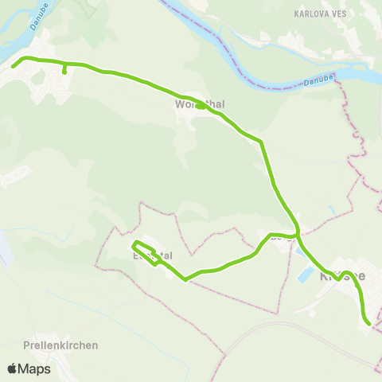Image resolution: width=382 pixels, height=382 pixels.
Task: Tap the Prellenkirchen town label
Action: pos(61,345)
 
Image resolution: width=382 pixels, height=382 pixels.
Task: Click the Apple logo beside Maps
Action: pos(13,368)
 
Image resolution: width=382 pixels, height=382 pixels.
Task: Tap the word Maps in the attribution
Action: pos(35,368)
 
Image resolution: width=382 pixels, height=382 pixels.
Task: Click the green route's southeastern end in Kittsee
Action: pos(368,323)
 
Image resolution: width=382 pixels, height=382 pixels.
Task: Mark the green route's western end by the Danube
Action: pos(14,67)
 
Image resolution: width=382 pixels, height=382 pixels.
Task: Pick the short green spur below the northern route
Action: pos(64,69)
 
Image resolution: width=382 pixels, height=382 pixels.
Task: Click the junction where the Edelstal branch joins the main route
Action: pos(298,235)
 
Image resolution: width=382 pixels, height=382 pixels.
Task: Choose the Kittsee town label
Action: pos(342,275)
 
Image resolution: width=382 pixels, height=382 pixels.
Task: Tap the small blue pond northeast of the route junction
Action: pos(330,210)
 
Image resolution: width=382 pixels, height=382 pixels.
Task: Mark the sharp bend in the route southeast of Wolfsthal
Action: pos(261,142)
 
